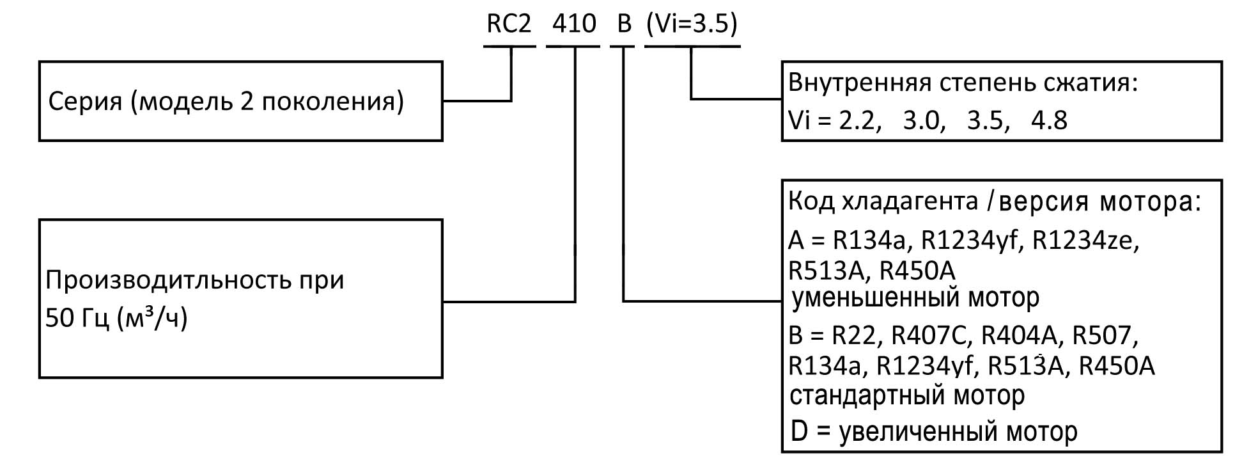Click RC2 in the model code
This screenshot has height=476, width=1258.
click(509, 24)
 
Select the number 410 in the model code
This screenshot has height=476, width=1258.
click(574, 24)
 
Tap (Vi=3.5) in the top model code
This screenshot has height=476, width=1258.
click(692, 24)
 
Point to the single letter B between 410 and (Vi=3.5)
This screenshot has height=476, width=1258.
click(623, 24)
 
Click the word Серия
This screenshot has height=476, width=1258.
click(85, 102)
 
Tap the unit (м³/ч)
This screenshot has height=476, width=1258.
click(152, 318)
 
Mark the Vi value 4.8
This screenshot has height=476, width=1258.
click(1049, 120)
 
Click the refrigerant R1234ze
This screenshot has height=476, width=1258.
click(1085, 241)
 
